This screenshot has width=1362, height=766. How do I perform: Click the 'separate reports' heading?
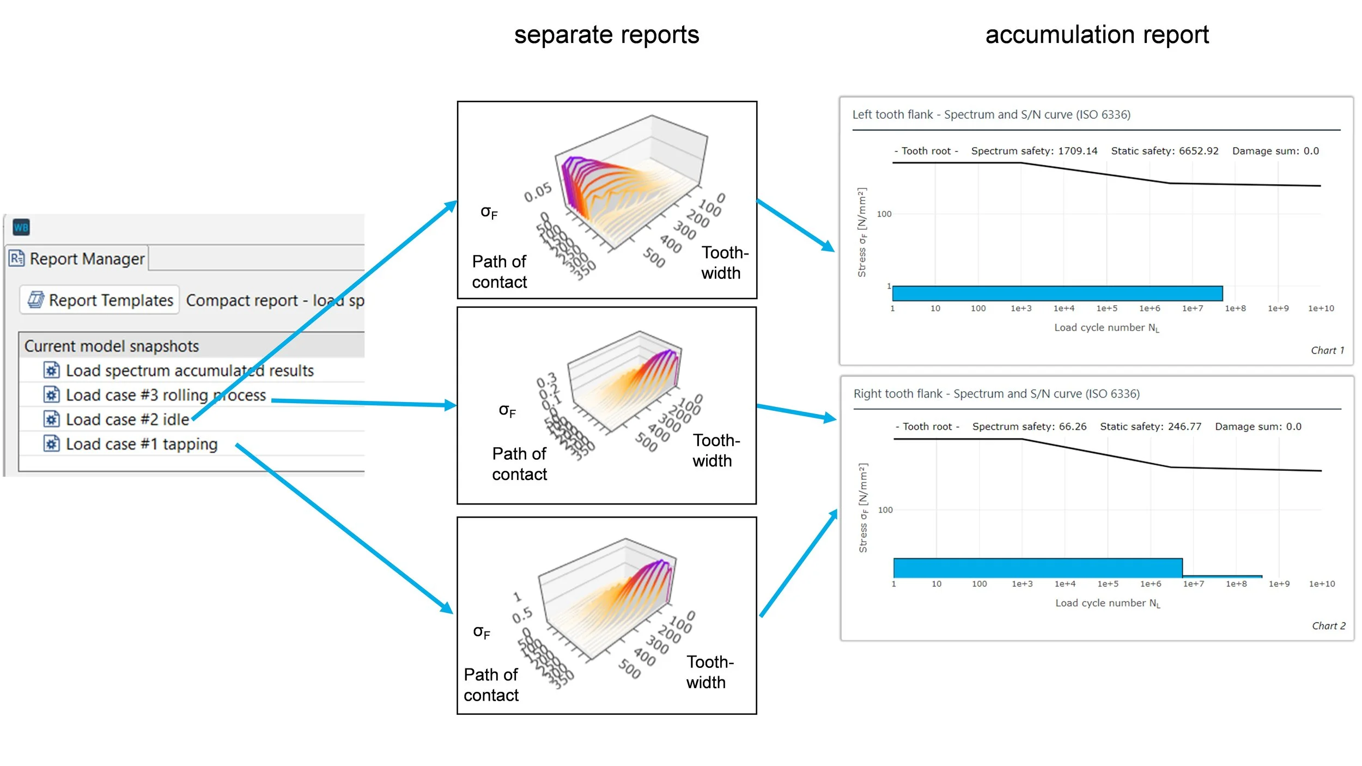pos(606,35)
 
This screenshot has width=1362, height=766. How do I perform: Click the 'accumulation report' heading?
pos(1097,35)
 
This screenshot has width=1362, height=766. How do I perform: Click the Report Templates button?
pos(100,300)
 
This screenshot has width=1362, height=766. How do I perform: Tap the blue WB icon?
pos(21,227)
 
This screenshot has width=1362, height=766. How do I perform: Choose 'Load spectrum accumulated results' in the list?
pos(190,371)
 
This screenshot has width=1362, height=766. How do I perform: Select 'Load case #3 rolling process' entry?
pos(166,396)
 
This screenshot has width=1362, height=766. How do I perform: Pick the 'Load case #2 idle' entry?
pos(127,420)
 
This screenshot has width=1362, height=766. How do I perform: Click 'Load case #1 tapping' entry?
pos(141,445)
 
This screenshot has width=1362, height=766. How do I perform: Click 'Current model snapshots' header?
pos(112,346)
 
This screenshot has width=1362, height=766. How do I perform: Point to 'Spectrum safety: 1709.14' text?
pos(1034,151)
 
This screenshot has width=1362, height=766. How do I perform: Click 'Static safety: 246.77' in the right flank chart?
pos(1150,427)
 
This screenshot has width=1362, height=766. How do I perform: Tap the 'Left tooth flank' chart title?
pos(991,115)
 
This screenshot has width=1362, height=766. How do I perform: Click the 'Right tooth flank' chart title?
pos(996,394)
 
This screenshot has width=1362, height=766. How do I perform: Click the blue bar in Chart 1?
pos(1057,294)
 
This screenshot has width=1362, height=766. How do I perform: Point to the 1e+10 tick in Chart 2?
pos(1322,584)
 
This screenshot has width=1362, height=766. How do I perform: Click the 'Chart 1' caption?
pos(1327,350)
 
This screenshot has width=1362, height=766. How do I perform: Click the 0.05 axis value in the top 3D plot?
pos(538,192)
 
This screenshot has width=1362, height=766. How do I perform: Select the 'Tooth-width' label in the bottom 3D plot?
pos(710,672)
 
